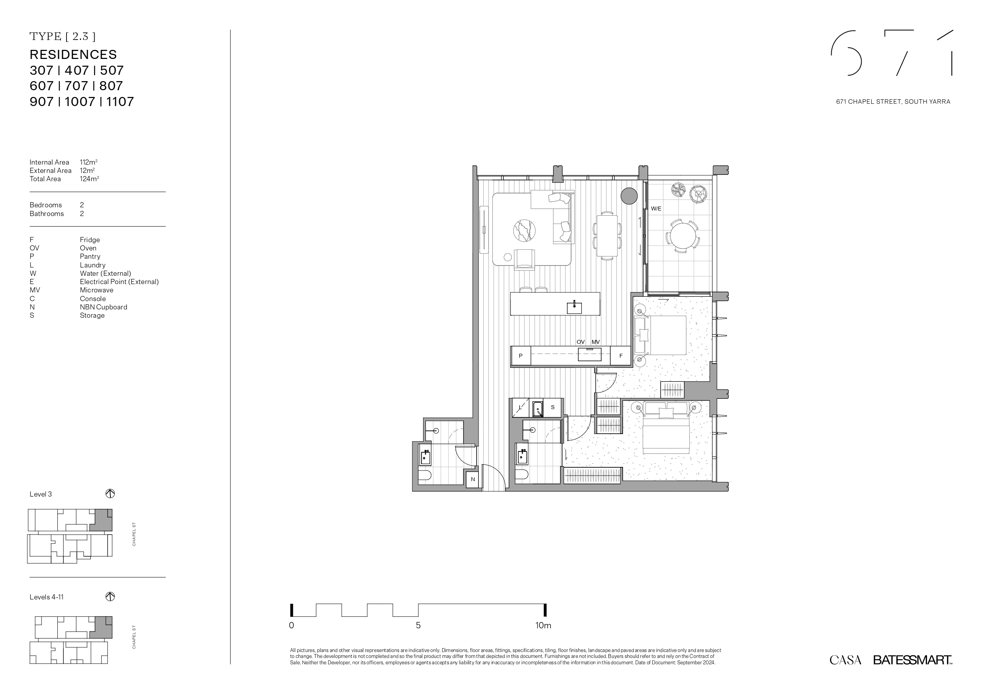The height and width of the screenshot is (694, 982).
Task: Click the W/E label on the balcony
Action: [x=656, y=209]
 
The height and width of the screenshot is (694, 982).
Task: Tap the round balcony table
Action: [x=683, y=235]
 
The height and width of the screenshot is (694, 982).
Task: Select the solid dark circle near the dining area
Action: [x=629, y=196]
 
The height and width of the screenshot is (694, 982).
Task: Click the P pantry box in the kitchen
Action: [x=521, y=356]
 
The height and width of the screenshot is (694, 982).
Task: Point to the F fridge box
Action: [x=621, y=356]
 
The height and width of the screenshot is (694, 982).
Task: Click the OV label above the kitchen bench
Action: [x=580, y=342]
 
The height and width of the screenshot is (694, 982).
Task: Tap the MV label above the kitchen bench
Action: [x=595, y=342]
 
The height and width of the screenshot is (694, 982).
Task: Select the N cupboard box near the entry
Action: [x=473, y=479]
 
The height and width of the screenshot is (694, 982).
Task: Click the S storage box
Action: [x=553, y=408]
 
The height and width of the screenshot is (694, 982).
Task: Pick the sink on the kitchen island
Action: [x=574, y=307]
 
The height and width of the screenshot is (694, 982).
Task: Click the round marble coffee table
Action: [x=524, y=231]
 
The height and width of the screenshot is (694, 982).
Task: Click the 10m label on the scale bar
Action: [x=543, y=626]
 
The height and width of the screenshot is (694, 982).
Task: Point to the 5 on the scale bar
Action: [x=418, y=626]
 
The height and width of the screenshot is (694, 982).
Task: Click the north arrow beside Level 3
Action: [x=110, y=494]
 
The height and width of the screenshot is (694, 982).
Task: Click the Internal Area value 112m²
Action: [x=89, y=162]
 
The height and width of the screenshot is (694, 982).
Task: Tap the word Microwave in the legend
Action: [x=97, y=290]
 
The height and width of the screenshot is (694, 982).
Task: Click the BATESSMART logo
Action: [x=913, y=660]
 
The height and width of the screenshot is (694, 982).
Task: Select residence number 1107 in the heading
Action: [x=120, y=102]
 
